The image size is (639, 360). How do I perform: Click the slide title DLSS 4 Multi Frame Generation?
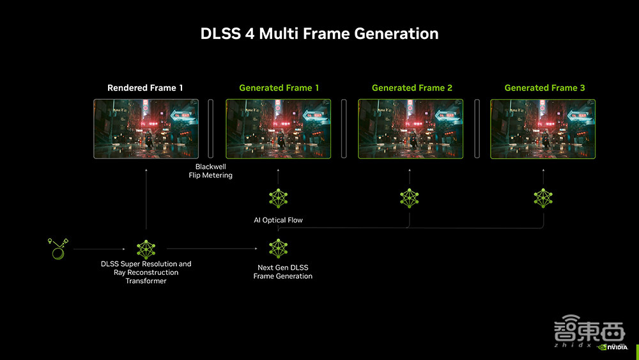[319, 34]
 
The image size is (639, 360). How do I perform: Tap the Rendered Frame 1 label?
[146, 88]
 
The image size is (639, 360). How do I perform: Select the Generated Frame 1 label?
[279, 88]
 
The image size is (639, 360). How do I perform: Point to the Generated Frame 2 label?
[412, 88]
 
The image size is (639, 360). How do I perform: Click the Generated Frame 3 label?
[544, 88]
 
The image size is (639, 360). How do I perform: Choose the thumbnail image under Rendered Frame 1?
[146, 129]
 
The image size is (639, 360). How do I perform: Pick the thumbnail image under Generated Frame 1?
[279, 129]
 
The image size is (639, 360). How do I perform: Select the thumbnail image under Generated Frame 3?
[543, 129]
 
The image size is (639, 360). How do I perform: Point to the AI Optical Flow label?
[278, 220]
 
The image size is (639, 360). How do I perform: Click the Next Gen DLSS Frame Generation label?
[282, 272]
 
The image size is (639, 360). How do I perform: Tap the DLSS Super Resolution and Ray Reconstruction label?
[146, 272]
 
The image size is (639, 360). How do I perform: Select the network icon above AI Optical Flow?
[279, 198]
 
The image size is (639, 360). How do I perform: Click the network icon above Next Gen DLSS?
[279, 248]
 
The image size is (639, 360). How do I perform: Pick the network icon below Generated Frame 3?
[543, 198]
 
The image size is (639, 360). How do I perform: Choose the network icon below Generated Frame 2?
[410, 198]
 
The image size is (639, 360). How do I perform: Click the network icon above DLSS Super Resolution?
[146, 249]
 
